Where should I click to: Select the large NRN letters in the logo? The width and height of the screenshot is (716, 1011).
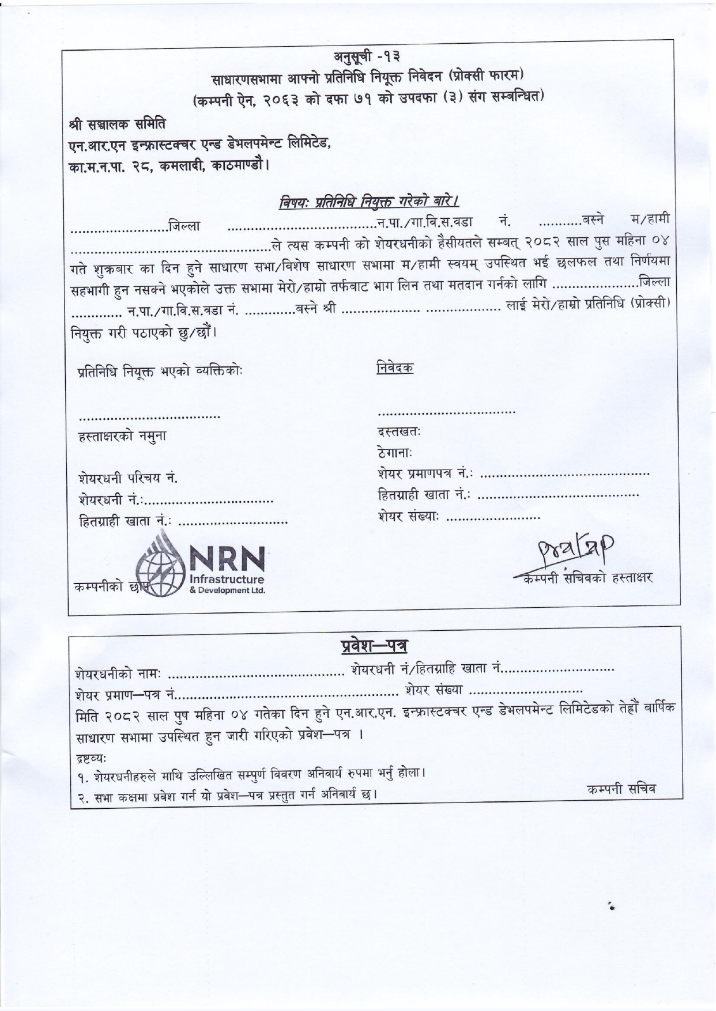click(227, 558)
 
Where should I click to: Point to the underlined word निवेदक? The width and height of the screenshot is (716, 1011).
click(395, 367)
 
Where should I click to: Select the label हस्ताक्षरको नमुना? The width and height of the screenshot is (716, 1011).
click(122, 437)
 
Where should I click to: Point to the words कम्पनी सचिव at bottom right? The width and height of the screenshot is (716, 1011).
click(621, 789)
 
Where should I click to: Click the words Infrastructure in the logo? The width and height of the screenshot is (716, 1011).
click(227, 579)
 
